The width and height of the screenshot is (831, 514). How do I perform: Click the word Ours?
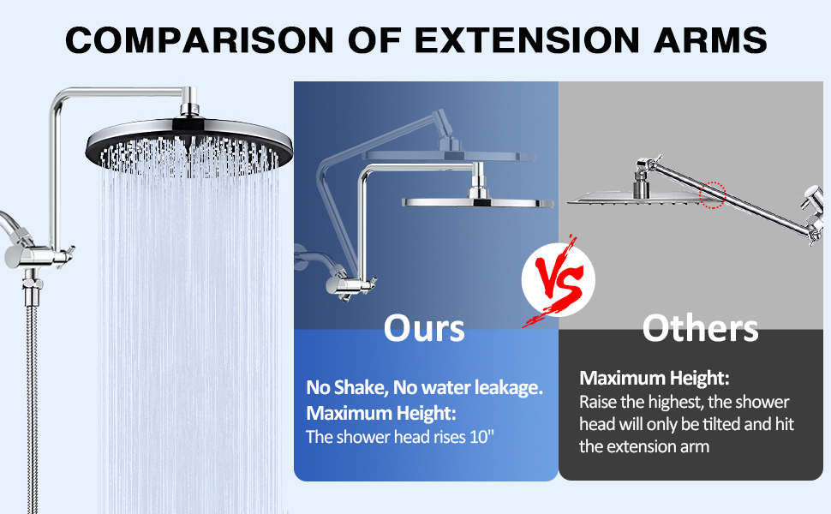point(424,328)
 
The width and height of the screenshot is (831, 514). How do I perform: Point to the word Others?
point(700,328)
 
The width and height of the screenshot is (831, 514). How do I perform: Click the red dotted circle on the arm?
point(712,195)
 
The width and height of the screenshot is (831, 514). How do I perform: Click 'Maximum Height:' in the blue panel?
point(380,413)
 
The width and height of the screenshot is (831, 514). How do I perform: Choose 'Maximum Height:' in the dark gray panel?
point(654,377)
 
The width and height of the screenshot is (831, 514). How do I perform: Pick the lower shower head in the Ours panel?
point(463,202)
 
